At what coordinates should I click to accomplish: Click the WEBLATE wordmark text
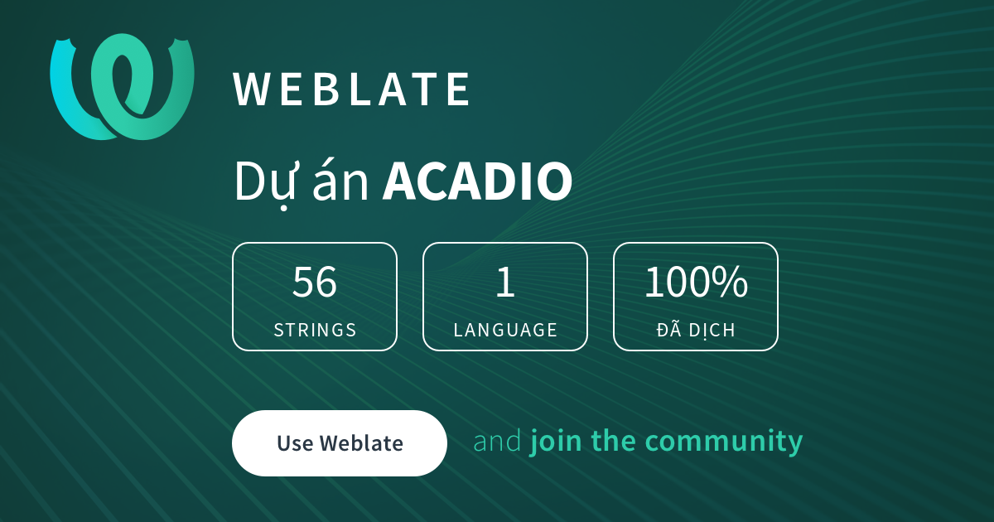tap(351, 89)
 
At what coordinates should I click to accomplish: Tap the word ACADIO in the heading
tap(477, 181)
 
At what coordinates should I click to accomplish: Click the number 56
tap(315, 282)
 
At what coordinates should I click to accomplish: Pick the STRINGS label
tap(315, 330)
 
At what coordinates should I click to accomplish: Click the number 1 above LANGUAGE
tap(505, 282)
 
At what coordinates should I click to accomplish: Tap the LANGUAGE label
tap(505, 330)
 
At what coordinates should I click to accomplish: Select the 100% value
tap(696, 282)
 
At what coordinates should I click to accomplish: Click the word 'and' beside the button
tap(498, 441)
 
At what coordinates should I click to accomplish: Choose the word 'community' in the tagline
tap(724, 442)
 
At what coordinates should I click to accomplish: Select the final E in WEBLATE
tap(459, 89)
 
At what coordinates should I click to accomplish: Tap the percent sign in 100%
tap(731, 282)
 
